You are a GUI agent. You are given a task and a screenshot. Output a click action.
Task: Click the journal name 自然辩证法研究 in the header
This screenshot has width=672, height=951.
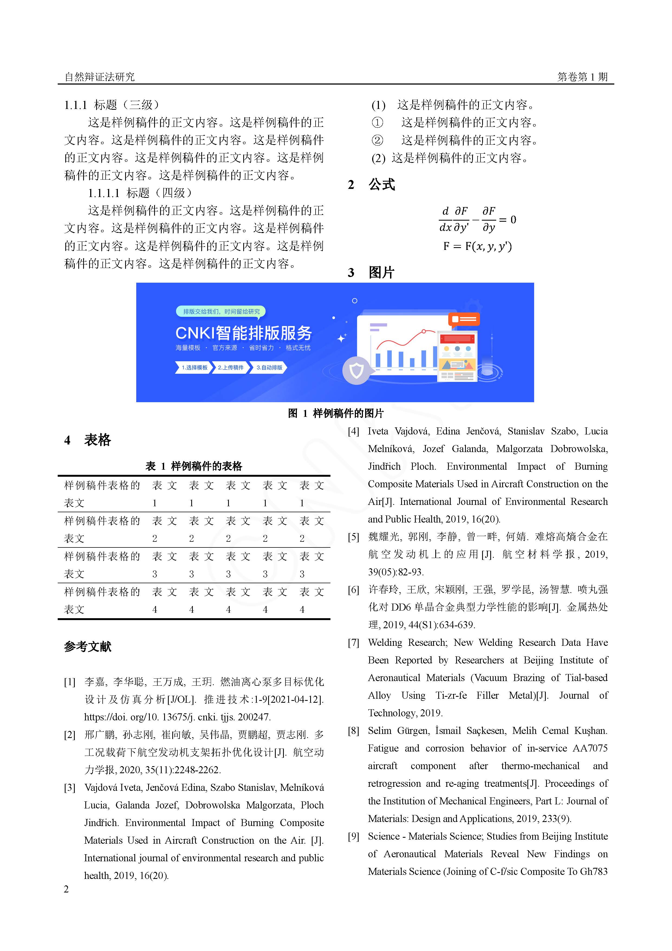tap(99, 77)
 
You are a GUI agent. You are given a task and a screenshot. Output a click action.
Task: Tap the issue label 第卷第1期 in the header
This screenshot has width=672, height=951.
tap(582, 77)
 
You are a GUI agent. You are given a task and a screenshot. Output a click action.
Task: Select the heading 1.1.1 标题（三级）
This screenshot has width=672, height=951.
tap(112, 105)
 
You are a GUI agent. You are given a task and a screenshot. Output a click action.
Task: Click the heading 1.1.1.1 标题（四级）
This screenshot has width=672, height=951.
tap(140, 193)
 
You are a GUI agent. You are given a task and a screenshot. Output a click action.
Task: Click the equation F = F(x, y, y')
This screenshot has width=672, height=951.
tap(477, 246)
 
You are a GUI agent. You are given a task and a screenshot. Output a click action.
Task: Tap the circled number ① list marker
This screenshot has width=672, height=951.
tap(377, 122)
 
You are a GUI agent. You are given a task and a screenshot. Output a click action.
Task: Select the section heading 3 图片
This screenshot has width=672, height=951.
tap(371, 273)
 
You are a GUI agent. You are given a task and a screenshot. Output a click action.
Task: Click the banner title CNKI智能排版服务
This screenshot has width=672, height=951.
tap(244, 333)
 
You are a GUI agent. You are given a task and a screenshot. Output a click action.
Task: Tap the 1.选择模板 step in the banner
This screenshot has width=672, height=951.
tap(194, 367)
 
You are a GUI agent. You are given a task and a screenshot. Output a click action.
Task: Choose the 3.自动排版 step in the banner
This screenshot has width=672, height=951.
tap(269, 367)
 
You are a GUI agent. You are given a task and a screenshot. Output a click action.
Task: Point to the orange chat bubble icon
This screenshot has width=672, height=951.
tap(464, 319)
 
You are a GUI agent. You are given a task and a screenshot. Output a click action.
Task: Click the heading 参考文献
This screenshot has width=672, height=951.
tap(88, 647)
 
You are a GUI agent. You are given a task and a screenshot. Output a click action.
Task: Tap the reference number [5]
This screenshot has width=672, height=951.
tap(353, 537)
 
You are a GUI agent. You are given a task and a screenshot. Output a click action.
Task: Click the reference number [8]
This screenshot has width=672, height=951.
tap(353, 731)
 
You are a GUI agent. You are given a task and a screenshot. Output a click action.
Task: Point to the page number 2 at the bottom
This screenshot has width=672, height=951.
tap(66, 889)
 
